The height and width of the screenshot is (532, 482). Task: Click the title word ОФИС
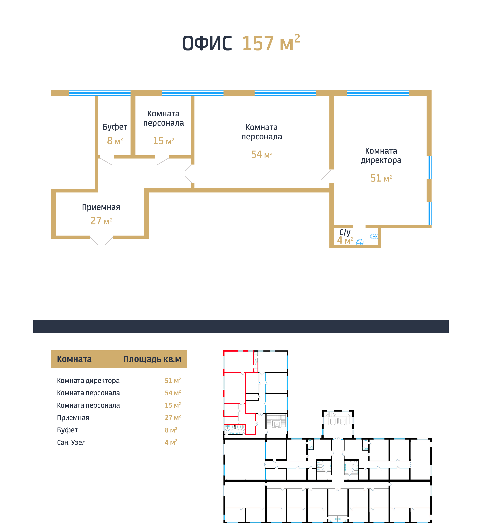[x=207, y=43]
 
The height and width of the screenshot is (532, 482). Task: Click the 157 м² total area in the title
[x=271, y=43]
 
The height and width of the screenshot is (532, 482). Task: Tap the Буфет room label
[x=115, y=127]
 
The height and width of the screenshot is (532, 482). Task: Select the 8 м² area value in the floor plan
[x=115, y=141]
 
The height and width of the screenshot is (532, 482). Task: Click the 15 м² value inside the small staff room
[x=164, y=141]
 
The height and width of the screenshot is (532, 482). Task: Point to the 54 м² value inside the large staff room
[x=261, y=155]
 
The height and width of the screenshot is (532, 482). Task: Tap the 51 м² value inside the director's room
[x=381, y=178]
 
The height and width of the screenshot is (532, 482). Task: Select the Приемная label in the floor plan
[x=101, y=207]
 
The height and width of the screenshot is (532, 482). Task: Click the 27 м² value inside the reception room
[x=101, y=221]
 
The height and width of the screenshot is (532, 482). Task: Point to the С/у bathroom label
[x=345, y=232]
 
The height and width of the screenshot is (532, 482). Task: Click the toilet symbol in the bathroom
[x=374, y=236]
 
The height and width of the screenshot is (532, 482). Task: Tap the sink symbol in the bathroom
[x=360, y=242]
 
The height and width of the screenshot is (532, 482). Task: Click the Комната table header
[x=74, y=359]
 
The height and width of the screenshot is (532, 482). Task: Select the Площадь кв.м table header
[x=152, y=359]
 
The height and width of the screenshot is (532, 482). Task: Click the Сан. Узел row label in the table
[x=71, y=443]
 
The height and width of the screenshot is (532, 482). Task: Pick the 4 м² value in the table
[x=171, y=442]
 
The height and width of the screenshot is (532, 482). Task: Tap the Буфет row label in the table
[x=67, y=430]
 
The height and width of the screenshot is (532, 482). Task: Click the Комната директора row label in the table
[x=88, y=381]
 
